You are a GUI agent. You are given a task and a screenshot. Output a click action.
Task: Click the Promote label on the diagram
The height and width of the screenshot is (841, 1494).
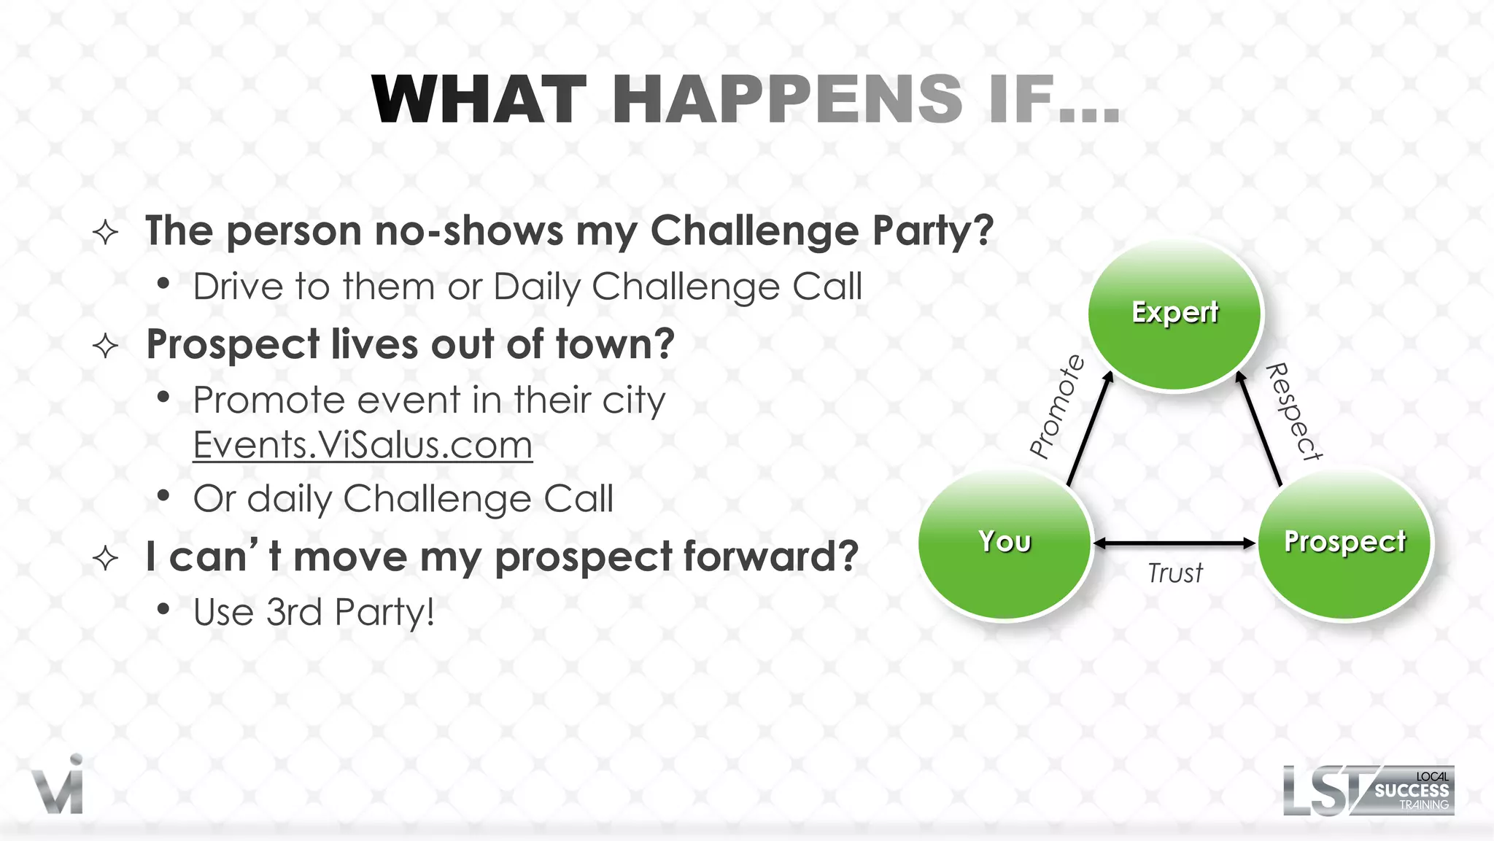point(1057,406)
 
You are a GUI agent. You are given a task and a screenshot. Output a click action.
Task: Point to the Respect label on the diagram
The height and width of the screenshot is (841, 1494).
point(1294,412)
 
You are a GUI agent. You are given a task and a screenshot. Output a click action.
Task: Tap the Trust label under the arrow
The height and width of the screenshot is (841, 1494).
point(1174,573)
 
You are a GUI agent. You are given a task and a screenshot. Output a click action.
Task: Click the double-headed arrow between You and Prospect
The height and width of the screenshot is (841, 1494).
point(1174,543)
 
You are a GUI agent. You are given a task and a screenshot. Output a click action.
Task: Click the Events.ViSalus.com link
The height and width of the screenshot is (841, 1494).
point(363,445)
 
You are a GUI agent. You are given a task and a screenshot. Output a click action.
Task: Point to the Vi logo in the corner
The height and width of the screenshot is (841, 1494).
point(58,786)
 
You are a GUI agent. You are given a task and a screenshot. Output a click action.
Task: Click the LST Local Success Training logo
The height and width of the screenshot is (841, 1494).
point(1368,791)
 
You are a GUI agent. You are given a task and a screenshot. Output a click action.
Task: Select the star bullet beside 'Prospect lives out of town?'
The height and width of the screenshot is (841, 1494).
point(106,346)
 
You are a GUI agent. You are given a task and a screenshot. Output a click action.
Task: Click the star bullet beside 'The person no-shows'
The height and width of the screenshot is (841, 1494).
point(106,233)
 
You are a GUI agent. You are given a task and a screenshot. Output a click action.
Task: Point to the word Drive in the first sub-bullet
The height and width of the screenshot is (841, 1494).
point(239,287)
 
